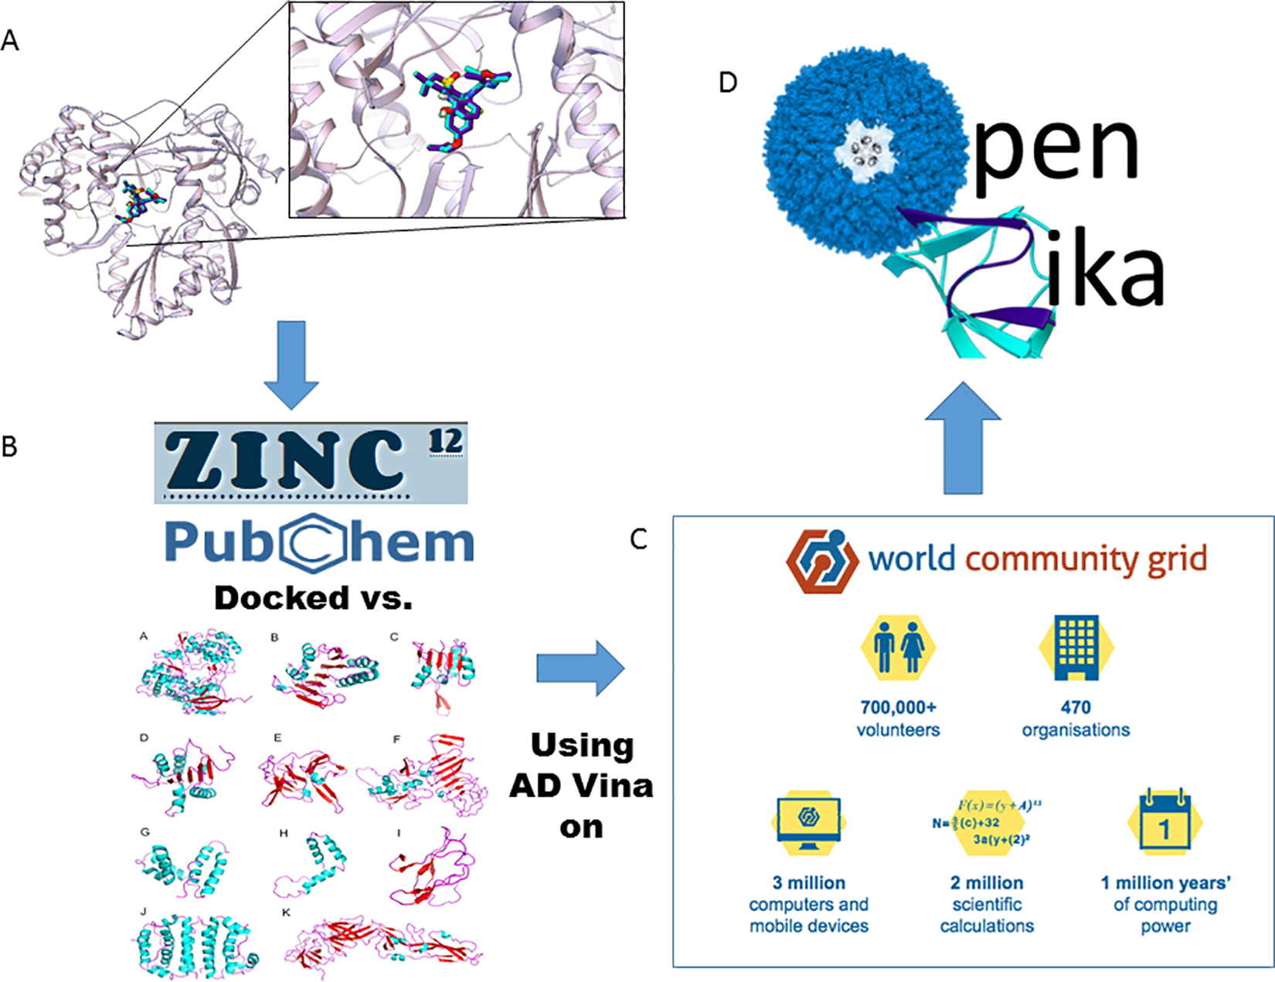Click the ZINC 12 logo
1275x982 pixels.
tap(311, 462)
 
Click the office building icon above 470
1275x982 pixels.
tap(1076, 647)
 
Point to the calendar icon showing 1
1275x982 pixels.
tap(1164, 822)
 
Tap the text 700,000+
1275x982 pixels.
tap(898, 707)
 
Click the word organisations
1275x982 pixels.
tap(1076, 730)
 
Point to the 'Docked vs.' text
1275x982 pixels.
tap(313, 597)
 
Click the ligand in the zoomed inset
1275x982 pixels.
tap(460, 106)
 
